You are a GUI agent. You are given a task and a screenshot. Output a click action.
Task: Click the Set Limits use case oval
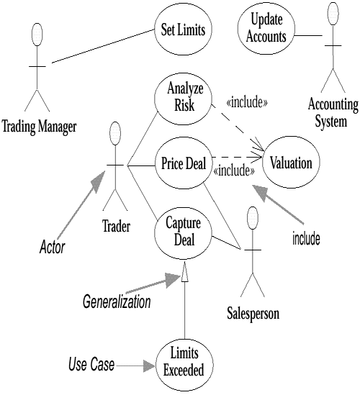[x=181, y=30]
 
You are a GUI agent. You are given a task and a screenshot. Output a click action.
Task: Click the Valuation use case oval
[x=291, y=163]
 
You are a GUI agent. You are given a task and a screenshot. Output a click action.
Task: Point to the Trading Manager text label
[x=39, y=128]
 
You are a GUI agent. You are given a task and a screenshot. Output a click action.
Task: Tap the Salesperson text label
[x=253, y=314]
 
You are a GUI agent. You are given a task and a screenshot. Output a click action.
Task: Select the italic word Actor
[x=51, y=248]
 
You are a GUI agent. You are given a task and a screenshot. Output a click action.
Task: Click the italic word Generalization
[x=117, y=302]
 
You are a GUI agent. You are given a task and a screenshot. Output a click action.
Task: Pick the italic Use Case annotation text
[x=91, y=366]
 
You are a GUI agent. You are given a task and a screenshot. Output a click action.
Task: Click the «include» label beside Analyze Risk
[x=247, y=102]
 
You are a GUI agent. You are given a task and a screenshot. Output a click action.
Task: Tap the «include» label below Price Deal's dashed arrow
[x=235, y=171]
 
